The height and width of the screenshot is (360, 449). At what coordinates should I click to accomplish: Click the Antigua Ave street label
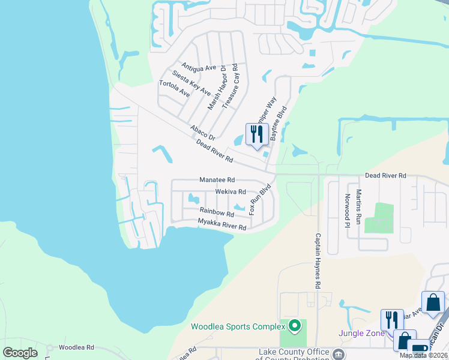tap(198, 67)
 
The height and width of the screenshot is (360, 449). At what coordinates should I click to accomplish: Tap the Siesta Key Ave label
tap(191, 83)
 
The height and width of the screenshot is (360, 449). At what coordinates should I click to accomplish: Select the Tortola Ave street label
tap(175, 89)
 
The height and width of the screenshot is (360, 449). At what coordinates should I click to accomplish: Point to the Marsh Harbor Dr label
tap(215, 87)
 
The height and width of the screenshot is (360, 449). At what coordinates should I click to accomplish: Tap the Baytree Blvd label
tap(279, 124)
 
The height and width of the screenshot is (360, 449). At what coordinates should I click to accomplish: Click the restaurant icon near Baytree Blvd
tap(257, 135)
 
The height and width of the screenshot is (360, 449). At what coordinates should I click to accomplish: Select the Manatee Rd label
tap(217, 180)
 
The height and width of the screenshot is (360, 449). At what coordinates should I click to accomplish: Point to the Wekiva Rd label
tap(231, 192)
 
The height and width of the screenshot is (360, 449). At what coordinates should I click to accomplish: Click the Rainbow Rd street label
tap(217, 213)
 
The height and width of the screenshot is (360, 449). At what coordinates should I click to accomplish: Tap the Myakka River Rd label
tap(222, 225)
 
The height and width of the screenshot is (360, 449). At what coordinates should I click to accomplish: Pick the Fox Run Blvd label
tap(261, 200)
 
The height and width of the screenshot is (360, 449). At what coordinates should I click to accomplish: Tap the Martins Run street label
tap(358, 206)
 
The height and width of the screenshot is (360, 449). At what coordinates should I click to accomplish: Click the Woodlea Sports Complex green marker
tap(294, 326)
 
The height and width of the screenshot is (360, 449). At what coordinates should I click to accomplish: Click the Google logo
tap(20, 352)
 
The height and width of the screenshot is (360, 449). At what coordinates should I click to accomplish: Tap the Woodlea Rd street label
tap(77, 347)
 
